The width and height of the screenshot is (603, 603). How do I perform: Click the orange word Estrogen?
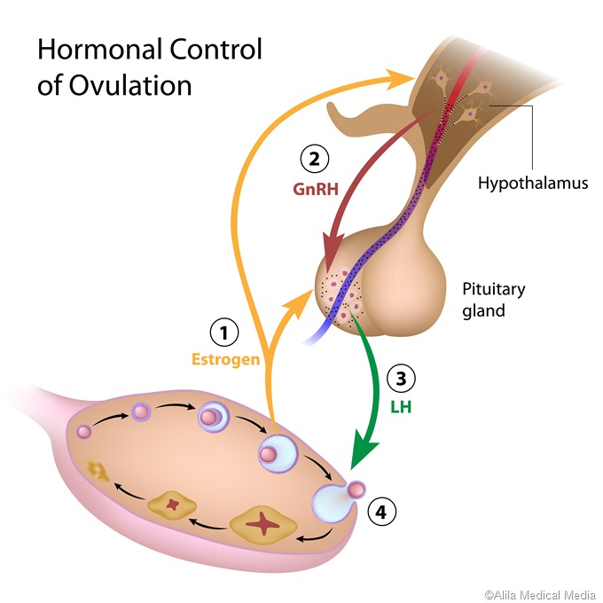coord(225,360)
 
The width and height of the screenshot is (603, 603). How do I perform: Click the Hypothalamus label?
coord(532,184)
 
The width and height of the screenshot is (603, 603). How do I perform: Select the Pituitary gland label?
coord(494,300)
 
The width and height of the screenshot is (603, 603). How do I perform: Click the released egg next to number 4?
coord(356,489)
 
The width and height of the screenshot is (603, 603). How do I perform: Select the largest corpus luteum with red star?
coord(262,525)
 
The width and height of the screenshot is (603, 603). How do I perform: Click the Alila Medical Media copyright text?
coord(539,593)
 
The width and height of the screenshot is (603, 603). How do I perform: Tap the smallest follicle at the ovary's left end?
coord(85,431)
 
